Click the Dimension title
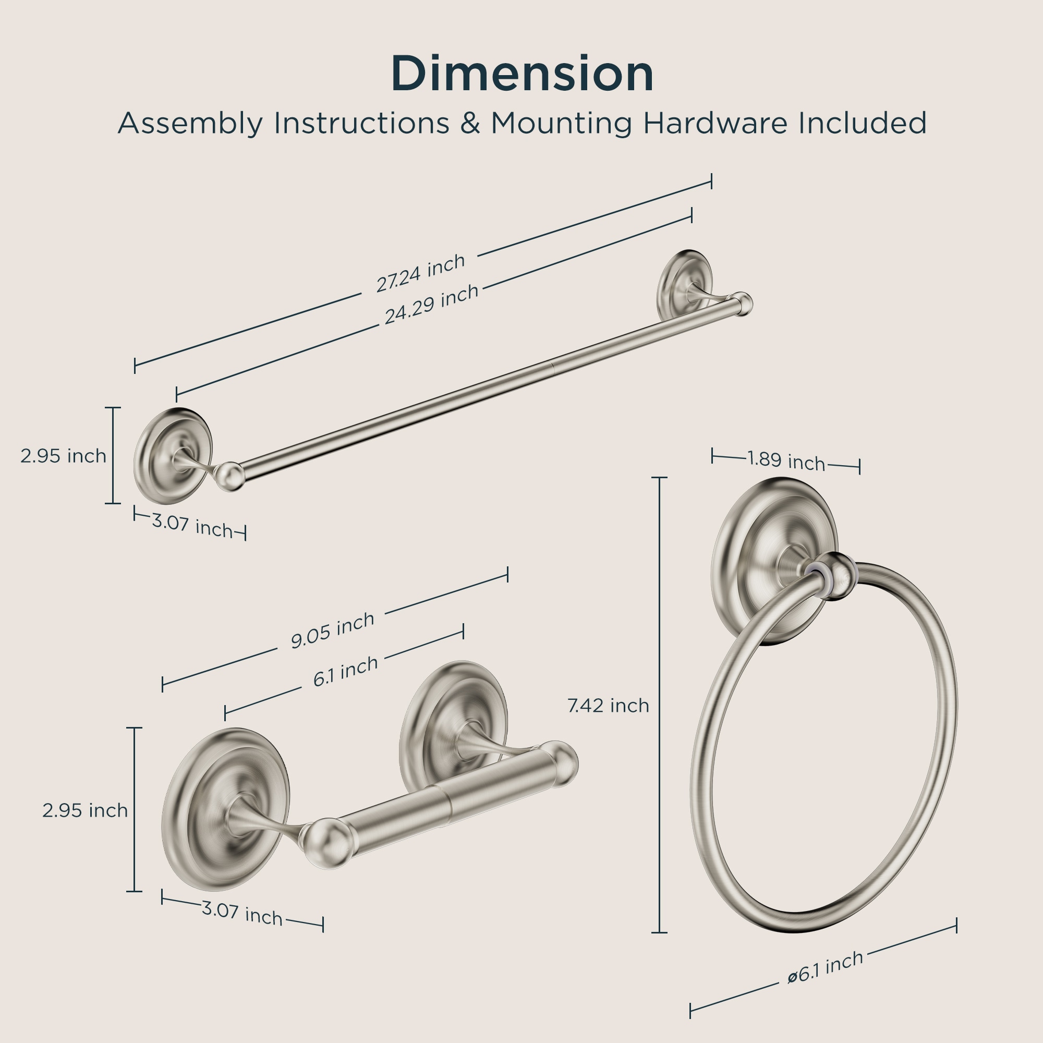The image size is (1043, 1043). point(522,74)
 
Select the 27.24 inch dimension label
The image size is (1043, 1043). point(420,273)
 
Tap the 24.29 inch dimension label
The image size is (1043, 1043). point(431,304)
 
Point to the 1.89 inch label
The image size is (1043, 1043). point(786,460)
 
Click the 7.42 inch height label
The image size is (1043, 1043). point(609,706)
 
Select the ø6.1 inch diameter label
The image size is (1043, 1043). point(826,975)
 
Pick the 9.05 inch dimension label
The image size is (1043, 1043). point(333,630)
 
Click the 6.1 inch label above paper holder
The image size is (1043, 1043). point(346,672)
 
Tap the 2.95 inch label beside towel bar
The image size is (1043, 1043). point(63,456)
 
